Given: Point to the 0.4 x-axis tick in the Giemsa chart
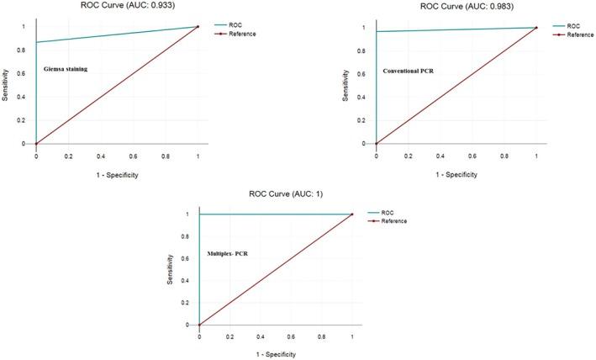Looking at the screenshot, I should tap(101, 156).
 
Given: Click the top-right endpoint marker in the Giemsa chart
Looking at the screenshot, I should tap(198, 27).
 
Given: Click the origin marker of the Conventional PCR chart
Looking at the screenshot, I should tap(376, 144).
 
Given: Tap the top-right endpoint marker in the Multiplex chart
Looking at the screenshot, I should tap(351, 214).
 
